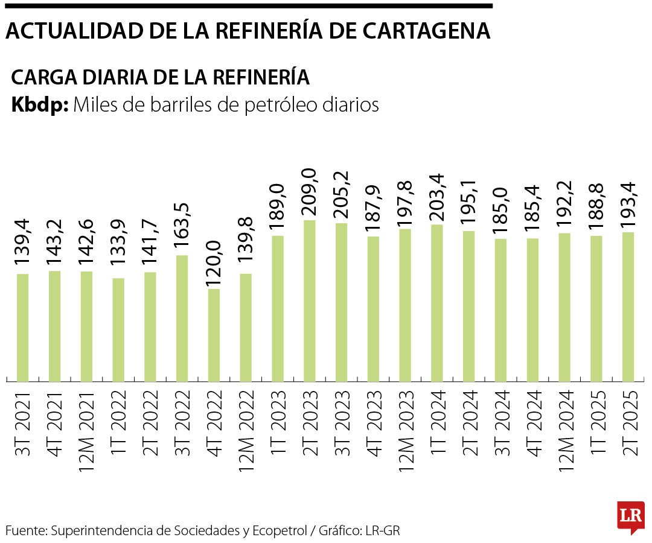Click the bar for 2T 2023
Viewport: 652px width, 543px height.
coord(309,300)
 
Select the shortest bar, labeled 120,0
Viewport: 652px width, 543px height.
coord(213,335)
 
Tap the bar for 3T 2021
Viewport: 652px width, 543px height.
coord(22,328)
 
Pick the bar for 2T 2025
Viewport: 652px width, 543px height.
coord(628,306)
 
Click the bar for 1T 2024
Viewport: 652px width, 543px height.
coord(436,303)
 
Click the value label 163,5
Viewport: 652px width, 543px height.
coord(181,226)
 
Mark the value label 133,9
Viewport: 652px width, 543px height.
coord(118,249)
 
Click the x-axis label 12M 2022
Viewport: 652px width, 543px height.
coord(245,430)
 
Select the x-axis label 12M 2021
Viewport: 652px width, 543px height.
coord(86,430)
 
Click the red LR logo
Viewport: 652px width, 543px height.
coord(630,516)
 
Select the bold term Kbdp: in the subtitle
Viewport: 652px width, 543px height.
coord(40,105)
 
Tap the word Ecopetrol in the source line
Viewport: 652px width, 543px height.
coord(279,531)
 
